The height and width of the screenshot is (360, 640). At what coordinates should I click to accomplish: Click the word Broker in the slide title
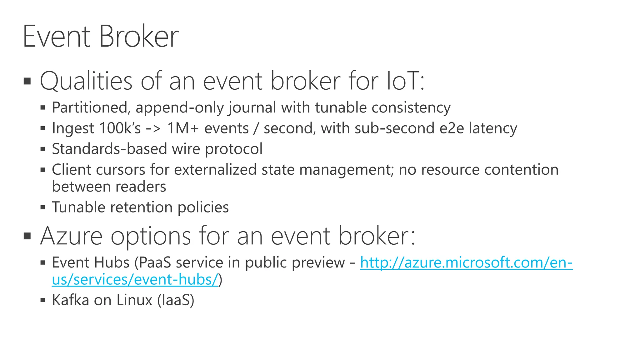(139, 37)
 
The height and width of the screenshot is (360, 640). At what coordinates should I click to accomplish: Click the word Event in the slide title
(56, 37)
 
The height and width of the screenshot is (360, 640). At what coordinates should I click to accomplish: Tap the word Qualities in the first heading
(86, 81)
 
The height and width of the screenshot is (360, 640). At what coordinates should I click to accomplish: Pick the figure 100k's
(120, 128)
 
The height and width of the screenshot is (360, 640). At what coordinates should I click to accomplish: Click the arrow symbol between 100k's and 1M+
(153, 128)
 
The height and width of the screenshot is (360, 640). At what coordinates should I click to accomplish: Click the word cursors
(121, 170)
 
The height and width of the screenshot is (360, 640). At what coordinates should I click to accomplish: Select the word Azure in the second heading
(71, 236)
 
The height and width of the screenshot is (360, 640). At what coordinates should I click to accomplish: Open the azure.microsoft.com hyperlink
(466, 262)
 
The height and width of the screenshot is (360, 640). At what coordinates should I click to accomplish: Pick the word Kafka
(70, 300)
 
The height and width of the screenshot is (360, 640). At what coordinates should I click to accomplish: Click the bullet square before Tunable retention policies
(43, 207)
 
